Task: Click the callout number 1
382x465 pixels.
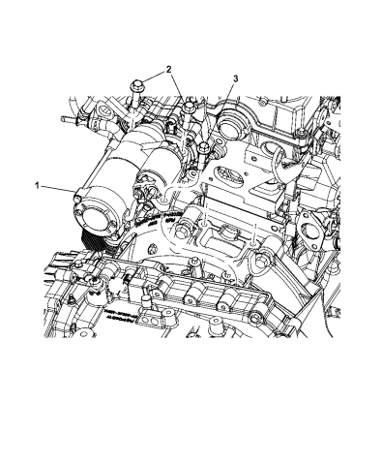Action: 37,186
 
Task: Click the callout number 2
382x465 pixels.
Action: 169,69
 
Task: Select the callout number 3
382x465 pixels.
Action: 236,78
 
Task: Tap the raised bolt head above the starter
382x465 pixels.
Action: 136,86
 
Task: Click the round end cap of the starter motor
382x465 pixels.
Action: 95,216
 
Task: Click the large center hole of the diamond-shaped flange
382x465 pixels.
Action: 309,230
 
